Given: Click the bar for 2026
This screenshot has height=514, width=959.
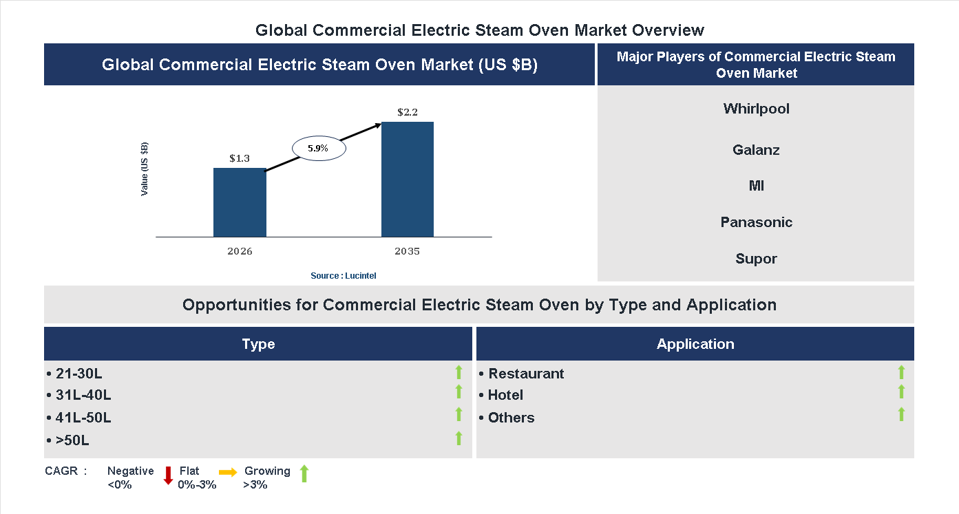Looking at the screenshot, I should coord(240,202).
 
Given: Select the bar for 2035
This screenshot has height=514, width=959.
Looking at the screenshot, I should coord(408,180).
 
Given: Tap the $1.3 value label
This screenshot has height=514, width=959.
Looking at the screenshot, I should coord(240,158).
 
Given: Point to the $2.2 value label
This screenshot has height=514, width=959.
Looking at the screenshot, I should coord(408,111).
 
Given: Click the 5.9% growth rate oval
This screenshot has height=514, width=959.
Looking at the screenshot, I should coord(318,148).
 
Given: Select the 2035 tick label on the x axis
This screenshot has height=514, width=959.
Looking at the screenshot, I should coord(408,251).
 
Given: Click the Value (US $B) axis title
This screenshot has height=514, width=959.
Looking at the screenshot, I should coord(145,169).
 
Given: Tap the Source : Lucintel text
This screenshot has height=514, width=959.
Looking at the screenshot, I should coord(344,275).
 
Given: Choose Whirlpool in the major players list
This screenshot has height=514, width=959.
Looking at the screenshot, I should coord(756,109).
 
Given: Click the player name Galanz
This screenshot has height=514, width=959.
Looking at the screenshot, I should coord(756,150).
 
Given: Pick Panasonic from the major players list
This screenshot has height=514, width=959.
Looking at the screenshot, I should coord(756,222).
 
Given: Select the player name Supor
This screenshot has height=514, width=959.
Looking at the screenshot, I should coord(756,259).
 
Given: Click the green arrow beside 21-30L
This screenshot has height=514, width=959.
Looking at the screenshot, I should coord(459,372).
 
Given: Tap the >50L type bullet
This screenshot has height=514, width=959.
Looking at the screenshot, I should coord(72,440).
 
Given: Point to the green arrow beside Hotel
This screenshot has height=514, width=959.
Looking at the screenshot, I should coord(901,392).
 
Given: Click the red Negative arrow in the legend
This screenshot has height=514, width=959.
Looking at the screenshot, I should coord(167,475).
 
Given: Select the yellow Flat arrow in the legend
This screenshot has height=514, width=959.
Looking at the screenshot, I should coord(228,472).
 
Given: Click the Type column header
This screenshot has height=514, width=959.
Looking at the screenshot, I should coord(258,344).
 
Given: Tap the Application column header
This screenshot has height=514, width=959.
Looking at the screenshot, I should coord(695,344).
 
